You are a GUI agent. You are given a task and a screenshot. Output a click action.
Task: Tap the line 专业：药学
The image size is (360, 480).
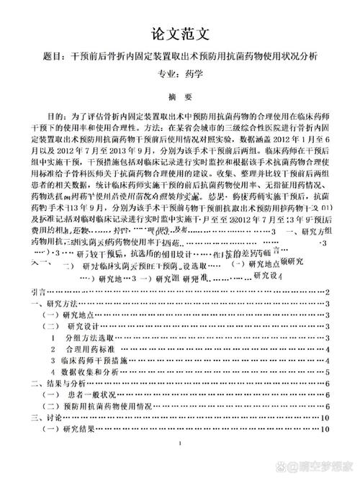click(180, 73)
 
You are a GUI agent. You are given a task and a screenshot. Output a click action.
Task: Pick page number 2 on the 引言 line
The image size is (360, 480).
click(328, 292)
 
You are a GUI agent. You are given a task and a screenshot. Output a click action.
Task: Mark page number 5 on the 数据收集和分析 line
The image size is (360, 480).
click(328, 372)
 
